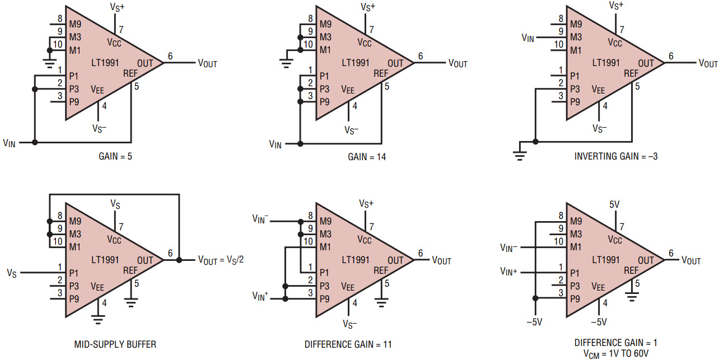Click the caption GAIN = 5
click(x=115, y=156)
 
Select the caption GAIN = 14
click(x=367, y=157)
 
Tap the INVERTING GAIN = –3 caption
click(x=616, y=156)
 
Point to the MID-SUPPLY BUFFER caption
click(x=115, y=344)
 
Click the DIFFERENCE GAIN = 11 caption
click(x=348, y=344)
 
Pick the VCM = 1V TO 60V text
click(x=616, y=354)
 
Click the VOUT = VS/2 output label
click(x=221, y=260)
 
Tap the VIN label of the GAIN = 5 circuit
click(x=10, y=143)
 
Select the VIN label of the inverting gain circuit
click(x=528, y=38)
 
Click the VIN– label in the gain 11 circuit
click(x=260, y=219)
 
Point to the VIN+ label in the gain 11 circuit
click(x=260, y=296)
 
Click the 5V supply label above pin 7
click(x=614, y=204)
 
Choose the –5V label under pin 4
click(x=599, y=322)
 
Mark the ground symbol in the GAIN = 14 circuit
click(x=286, y=63)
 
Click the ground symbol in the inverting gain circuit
click(x=520, y=156)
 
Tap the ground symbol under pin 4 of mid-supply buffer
click(x=98, y=319)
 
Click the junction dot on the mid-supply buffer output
click(x=179, y=260)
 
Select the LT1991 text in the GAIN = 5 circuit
click(x=105, y=63)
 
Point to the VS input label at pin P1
click(x=12, y=273)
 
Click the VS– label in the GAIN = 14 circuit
click(x=351, y=130)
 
